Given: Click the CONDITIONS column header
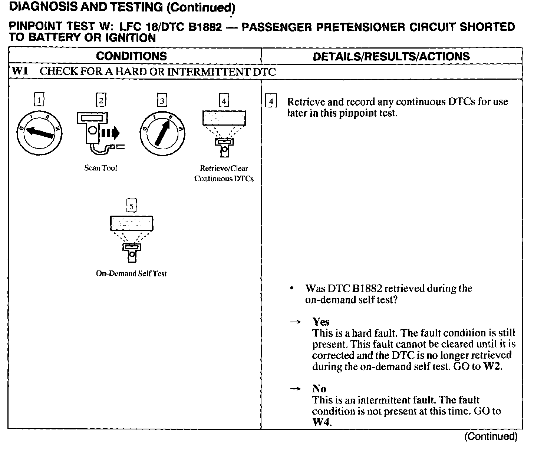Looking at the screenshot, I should [131, 56].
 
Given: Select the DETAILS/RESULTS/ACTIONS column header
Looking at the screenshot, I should [391, 56].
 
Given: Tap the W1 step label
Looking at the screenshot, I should [20, 71].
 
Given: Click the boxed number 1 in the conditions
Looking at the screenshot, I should [39, 100].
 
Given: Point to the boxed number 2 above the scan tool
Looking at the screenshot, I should [101, 100].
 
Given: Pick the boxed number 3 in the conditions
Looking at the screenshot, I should [162, 100].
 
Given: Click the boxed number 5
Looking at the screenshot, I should [132, 205].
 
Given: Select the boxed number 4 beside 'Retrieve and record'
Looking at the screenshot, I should [271, 102].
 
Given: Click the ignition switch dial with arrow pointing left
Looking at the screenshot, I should [39, 132].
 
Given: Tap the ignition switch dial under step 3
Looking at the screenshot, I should [162, 132].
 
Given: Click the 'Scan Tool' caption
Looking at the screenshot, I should [100, 168].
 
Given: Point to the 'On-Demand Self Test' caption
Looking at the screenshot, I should [131, 274].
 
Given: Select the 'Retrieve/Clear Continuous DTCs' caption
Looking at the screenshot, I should [224, 173].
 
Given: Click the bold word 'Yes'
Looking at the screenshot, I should [321, 322].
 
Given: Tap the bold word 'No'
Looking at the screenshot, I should [319, 389].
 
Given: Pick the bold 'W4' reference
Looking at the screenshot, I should [321, 422].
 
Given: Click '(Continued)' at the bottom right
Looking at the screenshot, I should [491, 436].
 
